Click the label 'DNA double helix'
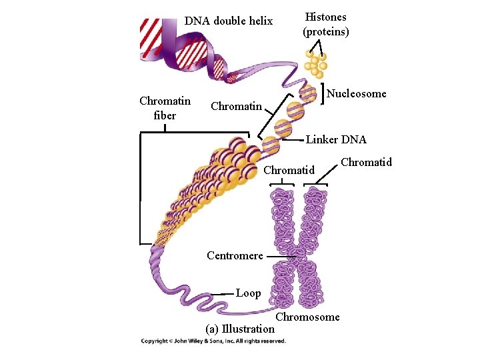(229, 21)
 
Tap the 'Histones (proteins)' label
(326, 24)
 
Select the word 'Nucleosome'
(357, 94)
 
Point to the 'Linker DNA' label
(336, 140)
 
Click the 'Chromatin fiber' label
(165, 108)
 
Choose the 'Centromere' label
(235, 255)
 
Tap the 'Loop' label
(249, 293)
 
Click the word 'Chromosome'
(307, 317)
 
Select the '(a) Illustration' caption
(240, 329)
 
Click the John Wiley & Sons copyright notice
(213, 341)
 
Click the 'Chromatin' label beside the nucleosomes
(236, 107)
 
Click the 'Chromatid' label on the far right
(366, 162)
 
